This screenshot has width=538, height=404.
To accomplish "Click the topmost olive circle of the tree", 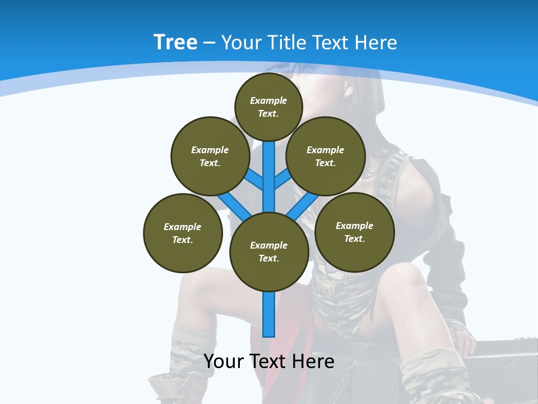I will [268, 107].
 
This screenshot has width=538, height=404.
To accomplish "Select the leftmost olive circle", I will [183, 233].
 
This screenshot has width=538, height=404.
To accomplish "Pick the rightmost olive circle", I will [354, 232].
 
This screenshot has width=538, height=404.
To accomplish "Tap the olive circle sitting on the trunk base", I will [269, 252].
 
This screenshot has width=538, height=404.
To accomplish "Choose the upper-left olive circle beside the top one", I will [210, 156].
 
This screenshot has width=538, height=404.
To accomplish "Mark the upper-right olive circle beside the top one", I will [326, 156].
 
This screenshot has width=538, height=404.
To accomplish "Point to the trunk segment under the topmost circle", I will [269, 168].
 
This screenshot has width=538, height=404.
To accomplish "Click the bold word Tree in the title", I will [175, 42].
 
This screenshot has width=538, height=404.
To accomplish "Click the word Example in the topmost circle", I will [268, 100].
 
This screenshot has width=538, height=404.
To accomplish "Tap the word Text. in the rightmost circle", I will [354, 238].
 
